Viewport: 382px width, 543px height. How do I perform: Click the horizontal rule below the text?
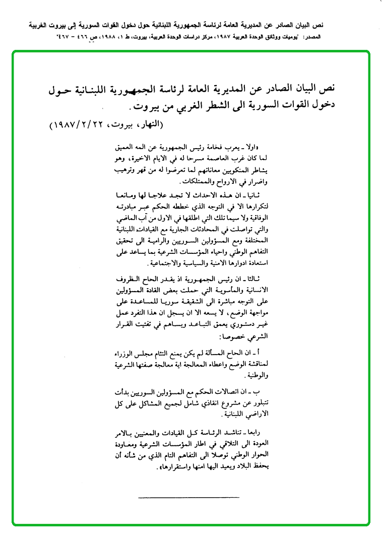click(171, 497)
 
